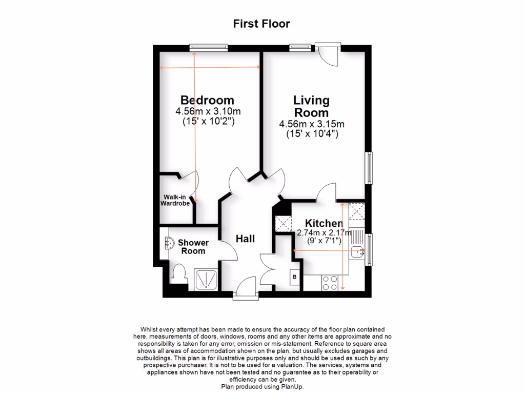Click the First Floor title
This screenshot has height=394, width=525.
[261, 24]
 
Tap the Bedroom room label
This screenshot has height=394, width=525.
[207, 100]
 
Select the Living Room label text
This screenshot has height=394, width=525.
[311, 106]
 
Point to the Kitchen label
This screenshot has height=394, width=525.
[324, 223]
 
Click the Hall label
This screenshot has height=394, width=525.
[245, 239]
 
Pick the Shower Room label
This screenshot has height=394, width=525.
[193, 247]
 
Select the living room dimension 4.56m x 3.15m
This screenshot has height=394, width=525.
[311, 124]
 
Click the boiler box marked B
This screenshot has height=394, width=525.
[294, 278]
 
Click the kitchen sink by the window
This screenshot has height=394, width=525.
[358, 251]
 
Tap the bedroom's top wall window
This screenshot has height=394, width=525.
[208, 48]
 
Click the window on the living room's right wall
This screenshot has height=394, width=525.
[369, 167]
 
